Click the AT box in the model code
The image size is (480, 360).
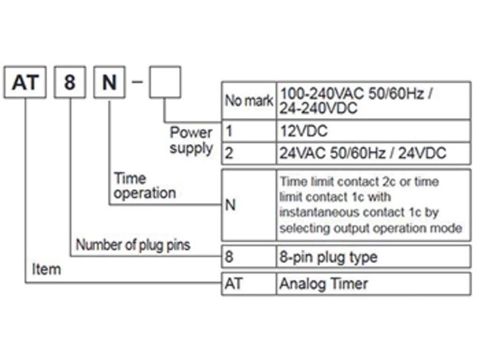pyautogui.click(x=25, y=82)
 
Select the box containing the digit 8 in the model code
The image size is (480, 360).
pyautogui.click(x=70, y=82)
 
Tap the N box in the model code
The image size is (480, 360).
pyautogui.click(x=109, y=82)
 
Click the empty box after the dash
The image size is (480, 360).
pyautogui.click(x=165, y=82)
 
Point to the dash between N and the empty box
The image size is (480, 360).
pyautogui.click(x=137, y=82)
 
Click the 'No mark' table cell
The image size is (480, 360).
pyautogui.click(x=249, y=100)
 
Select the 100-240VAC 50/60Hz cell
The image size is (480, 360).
pyautogui.click(x=374, y=100)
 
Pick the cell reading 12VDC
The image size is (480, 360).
pyautogui.click(x=374, y=131)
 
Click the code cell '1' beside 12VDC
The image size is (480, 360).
pyautogui.click(x=249, y=131)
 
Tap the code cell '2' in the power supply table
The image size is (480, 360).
pyautogui.click(x=249, y=153)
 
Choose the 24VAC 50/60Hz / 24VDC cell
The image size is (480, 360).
pyautogui.click(x=374, y=153)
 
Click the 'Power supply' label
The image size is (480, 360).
pyautogui.click(x=191, y=141)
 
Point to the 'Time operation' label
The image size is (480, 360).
pyautogui.click(x=144, y=186)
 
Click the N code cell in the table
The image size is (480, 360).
pyautogui.click(x=249, y=205)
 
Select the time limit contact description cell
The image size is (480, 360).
pyautogui.click(x=374, y=205)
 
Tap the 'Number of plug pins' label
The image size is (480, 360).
pyautogui.click(x=133, y=245)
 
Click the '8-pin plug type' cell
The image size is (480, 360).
pyautogui.click(x=374, y=256)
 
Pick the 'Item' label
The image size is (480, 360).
pyautogui.click(x=46, y=270)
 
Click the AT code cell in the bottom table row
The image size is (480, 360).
pyautogui.click(x=249, y=284)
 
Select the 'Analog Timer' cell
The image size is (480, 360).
pyautogui.click(x=374, y=284)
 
